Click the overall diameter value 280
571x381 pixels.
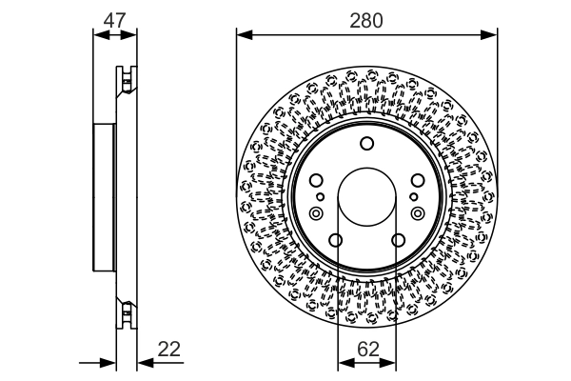coord(366,18)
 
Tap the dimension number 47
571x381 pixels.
coord(114,18)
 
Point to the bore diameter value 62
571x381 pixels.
coord(366,349)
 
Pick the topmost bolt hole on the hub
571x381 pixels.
coord(366,144)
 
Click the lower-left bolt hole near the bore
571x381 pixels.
coord(335,240)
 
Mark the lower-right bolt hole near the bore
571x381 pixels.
coord(399,240)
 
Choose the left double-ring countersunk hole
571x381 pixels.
coord(316,213)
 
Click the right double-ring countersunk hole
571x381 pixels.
coord(417,213)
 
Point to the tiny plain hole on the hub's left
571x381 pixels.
coord(321,196)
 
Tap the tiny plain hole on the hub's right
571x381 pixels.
coord(412,196)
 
